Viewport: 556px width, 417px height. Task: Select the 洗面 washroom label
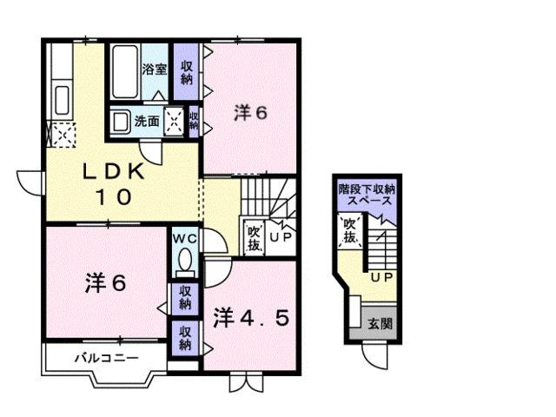(146, 122)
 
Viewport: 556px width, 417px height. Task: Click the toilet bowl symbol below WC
(183, 261)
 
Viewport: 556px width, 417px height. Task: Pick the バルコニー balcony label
(106, 357)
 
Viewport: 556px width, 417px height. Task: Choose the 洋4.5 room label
(251, 315)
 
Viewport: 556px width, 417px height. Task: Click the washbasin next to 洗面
(120, 122)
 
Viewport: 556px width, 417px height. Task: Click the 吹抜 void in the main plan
(254, 236)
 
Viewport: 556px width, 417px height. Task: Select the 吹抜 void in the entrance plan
(349, 231)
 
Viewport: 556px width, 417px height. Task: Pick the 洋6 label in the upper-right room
(249, 113)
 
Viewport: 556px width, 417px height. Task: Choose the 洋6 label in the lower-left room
(105, 282)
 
